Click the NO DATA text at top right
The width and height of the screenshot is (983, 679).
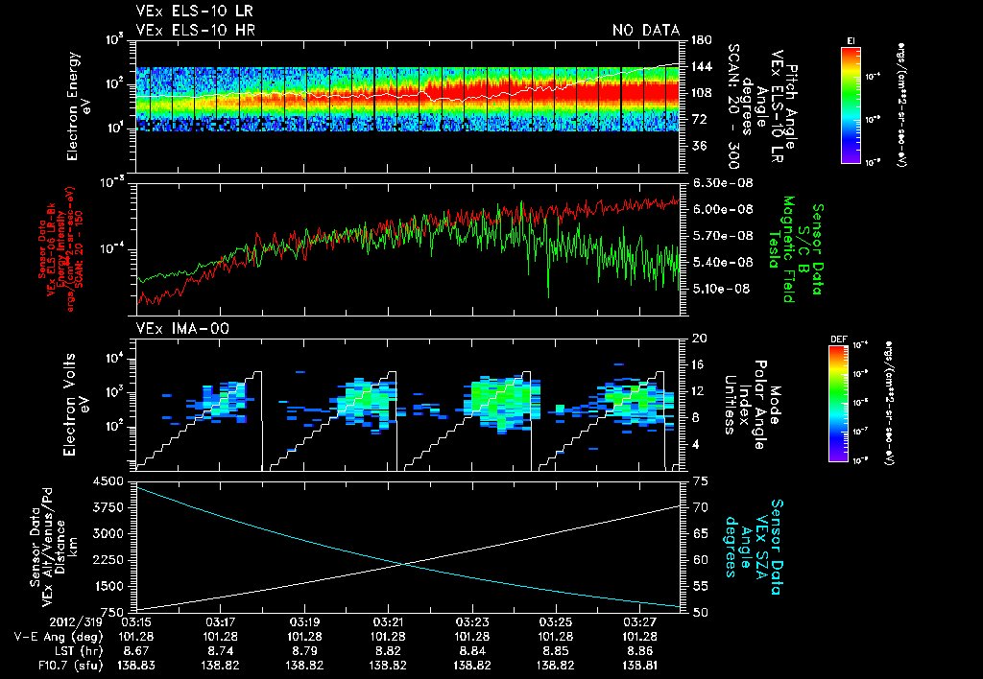click(645, 31)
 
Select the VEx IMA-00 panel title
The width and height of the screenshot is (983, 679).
click(174, 329)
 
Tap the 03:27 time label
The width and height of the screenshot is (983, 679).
click(639, 620)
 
